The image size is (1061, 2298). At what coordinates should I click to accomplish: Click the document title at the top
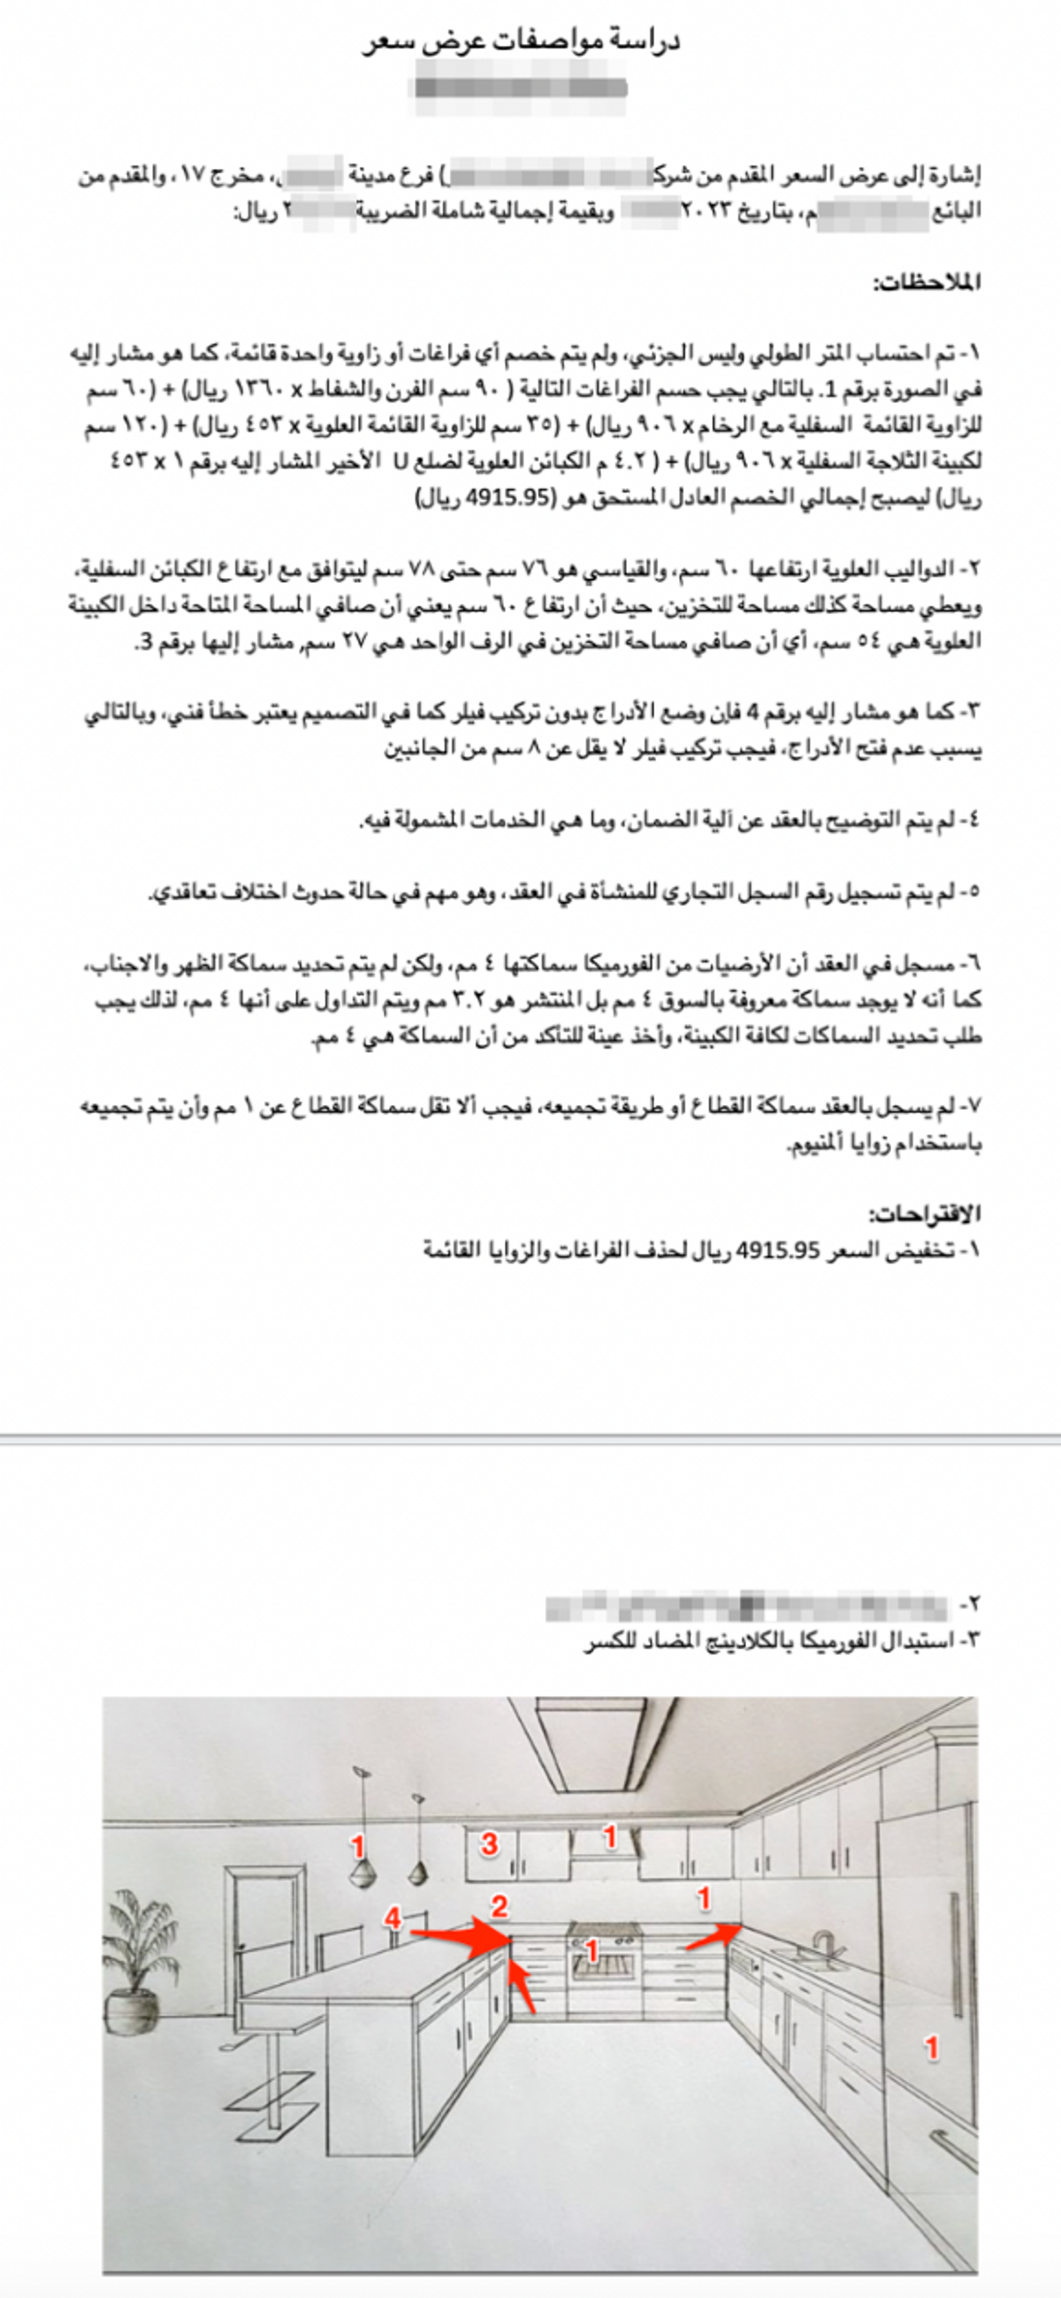tap(521, 41)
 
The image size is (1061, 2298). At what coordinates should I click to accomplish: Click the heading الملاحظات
tap(927, 284)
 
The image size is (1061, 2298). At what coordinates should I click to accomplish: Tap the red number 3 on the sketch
tap(489, 1843)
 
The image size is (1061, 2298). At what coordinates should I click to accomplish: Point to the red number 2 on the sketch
tap(500, 1906)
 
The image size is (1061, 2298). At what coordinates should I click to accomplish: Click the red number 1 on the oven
tap(591, 1951)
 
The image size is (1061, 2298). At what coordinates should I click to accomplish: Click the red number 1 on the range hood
tap(609, 1836)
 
